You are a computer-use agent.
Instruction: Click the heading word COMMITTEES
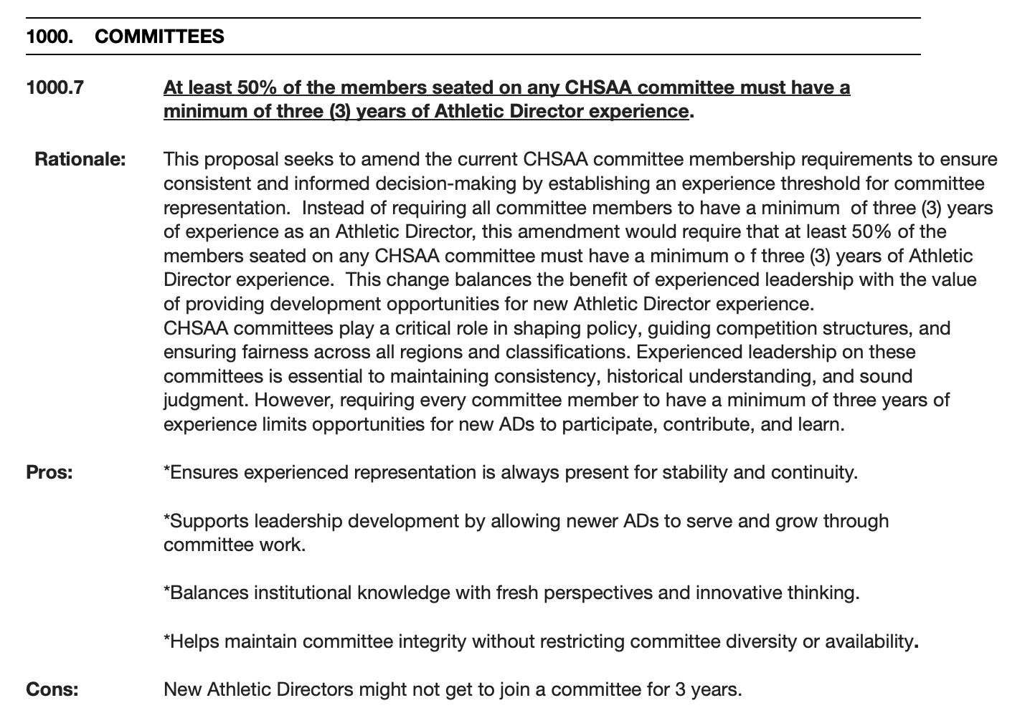pos(159,37)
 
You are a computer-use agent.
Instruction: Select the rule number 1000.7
pos(55,87)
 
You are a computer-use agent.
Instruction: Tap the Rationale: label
pos(80,159)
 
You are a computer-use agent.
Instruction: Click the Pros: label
pos(49,472)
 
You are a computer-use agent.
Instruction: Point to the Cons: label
pos(52,689)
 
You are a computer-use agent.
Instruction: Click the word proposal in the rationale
pos(237,159)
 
